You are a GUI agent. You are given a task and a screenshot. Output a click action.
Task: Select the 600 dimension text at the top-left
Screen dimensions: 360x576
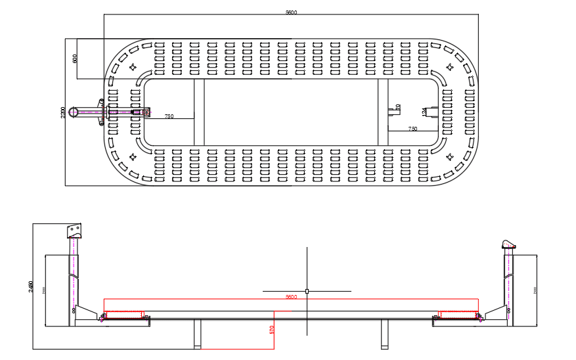(x=75, y=58)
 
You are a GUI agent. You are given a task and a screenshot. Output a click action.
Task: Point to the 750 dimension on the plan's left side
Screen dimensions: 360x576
(x=169, y=116)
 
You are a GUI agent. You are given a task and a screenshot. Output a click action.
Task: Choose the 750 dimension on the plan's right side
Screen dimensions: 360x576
(x=412, y=129)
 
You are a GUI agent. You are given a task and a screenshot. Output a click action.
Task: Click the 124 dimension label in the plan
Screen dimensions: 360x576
(x=424, y=112)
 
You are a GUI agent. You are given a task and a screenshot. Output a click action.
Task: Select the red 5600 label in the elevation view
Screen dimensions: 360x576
(x=291, y=297)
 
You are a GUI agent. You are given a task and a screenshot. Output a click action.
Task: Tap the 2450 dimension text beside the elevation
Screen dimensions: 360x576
(x=31, y=287)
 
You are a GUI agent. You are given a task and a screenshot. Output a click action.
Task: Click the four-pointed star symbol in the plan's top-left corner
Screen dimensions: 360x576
(x=133, y=66)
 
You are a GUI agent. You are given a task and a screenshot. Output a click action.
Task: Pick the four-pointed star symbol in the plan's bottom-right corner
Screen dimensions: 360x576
(x=451, y=156)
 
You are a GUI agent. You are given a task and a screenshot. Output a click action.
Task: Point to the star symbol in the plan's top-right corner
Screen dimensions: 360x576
(x=451, y=66)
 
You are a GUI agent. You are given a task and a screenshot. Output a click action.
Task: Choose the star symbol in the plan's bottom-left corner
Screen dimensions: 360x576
(x=133, y=156)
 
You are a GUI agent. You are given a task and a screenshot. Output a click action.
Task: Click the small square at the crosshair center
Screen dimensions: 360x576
(x=307, y=290)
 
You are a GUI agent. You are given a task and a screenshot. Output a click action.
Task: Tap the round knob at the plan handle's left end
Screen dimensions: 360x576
(x=76, y=112)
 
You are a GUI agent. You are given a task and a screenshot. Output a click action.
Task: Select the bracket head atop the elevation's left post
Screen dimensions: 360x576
(x=74, y=231)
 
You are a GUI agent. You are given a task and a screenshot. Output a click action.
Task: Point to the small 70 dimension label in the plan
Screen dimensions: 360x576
(x=398, y=106)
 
